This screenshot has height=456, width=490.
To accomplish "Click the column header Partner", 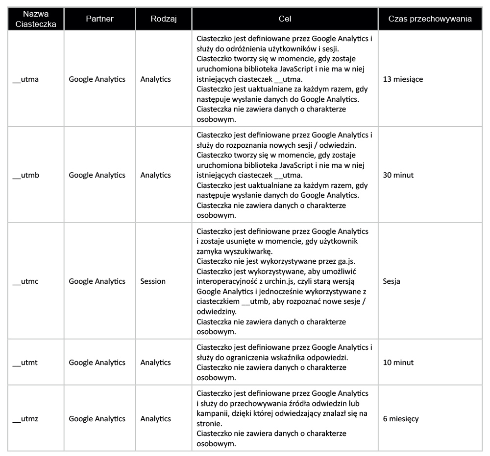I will click(99, 19).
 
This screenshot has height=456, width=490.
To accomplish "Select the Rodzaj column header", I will click(163, 19).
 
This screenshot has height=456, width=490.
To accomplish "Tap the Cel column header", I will click(285, 19).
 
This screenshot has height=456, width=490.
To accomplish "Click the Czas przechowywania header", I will click(430, 19).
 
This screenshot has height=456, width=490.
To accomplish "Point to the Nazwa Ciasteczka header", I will click(36, 19).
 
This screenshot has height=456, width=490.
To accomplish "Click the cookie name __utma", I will click(25, 79).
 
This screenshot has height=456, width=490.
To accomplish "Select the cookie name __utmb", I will click(25, 175).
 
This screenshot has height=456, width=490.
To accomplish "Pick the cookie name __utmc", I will click(25, 281).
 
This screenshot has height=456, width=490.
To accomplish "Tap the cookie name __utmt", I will click(25, 363).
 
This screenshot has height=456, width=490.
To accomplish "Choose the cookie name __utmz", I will click(25, 419).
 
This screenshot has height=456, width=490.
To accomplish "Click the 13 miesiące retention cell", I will click(403, 79).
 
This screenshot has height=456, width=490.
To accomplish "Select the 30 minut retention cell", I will click(398, 175).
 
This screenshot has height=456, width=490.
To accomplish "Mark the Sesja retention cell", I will click(392, 281).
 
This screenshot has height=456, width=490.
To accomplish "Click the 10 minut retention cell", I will click(398, 363).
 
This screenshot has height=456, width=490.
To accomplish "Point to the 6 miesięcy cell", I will click(401, 419).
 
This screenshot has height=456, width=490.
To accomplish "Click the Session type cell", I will click(153, 281).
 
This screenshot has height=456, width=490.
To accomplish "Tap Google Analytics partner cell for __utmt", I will click(97, 363).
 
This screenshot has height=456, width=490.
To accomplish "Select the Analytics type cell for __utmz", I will click(155, 419).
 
